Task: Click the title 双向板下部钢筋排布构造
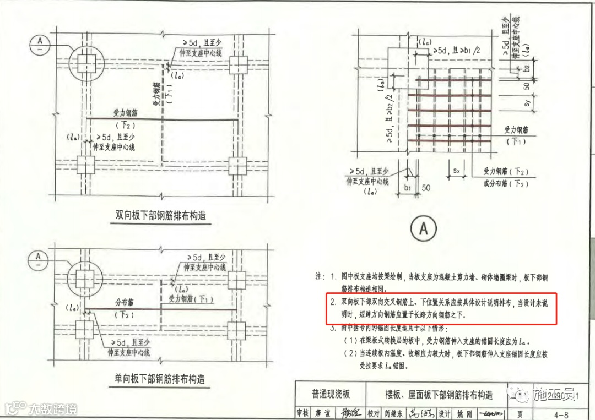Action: coord(160,215)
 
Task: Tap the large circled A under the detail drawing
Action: coord(423,228)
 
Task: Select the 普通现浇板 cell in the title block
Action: coord(331,394)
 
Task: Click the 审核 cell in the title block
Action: coord(302,412)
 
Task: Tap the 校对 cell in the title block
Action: coord(374,412)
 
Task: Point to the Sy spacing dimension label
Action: coord(527,102)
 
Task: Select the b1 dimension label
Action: coord(407,188)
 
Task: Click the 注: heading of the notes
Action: coord(319,275)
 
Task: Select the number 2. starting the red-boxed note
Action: coord(332,303)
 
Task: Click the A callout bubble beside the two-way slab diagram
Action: coord(39,44)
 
